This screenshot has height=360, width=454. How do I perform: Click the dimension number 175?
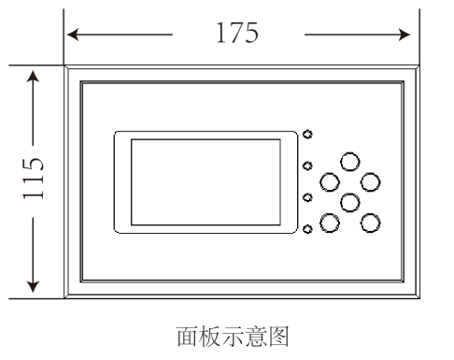(237, 34)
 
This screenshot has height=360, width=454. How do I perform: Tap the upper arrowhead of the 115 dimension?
(34, 76)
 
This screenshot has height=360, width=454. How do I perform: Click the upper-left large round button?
(330, 180)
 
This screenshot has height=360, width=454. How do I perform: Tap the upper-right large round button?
(371, 180)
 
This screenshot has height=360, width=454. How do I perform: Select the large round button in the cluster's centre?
(350, 201)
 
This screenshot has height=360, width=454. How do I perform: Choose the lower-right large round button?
(371, 223)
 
